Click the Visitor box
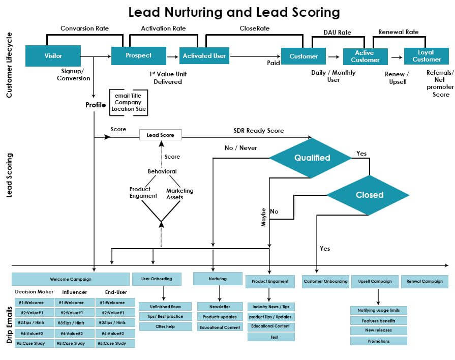tap(53, 56)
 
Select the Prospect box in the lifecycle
tap(138, 55)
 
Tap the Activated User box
tap(204, 56)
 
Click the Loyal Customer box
tap(426, 56)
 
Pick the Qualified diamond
tap(312, 158)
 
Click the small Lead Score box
tap(160, 135)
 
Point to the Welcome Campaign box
tap(70, 279)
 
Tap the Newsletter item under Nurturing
tap(220, 307)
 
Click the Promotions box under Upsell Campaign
tap(378, 341)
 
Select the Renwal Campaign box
tap(425, 281)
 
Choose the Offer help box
tap(165, 326)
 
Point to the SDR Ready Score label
tap(258, 131)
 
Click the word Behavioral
tap(162, 171)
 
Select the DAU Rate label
tap(337, 33)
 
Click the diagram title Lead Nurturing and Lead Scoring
tap(234, 12)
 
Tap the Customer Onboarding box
tap(325, 281)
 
